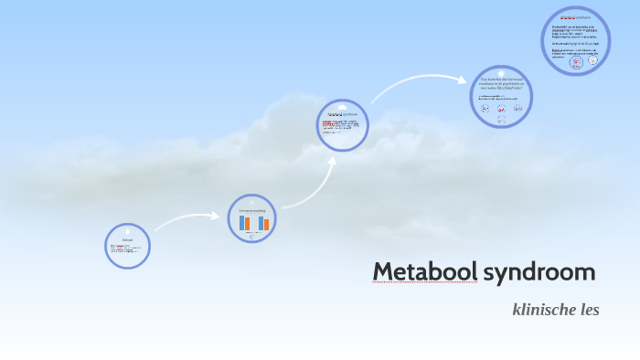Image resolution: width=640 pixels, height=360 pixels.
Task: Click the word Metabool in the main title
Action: [x=424, y=272]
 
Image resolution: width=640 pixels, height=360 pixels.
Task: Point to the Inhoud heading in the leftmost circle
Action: [x=128, y=239]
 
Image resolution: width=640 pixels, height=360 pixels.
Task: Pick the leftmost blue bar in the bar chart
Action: [x=241, y=223]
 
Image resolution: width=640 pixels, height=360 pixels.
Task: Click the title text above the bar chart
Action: [x=252, y=210]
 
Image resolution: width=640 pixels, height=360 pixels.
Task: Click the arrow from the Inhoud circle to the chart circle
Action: [x=187, y=220]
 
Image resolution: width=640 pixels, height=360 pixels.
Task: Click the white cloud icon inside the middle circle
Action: [x=343, y=107]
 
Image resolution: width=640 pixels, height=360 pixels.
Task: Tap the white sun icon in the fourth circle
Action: [x=501, y=74]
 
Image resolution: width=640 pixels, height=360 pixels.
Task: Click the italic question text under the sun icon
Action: [x=501, y=85]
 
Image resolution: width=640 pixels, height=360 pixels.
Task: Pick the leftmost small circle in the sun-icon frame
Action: [x=485, y=108]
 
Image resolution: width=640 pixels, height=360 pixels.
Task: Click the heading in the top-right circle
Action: [x=575, y=17]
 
